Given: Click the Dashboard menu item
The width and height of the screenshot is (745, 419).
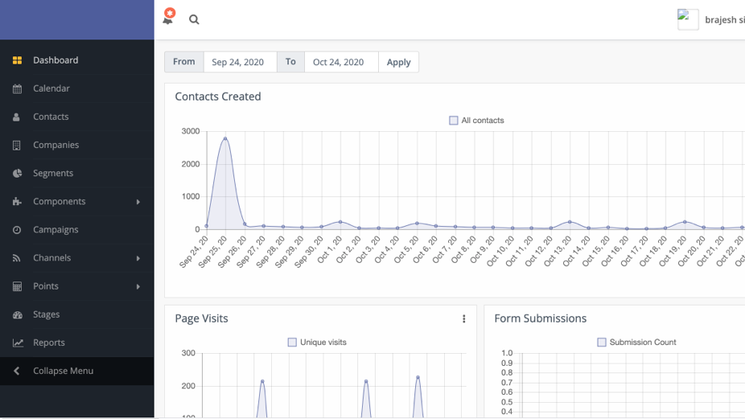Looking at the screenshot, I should point(55,60).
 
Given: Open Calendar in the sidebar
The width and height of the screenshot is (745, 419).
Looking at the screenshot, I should point(51,88).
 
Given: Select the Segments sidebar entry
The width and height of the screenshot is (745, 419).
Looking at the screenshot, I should point(52,173).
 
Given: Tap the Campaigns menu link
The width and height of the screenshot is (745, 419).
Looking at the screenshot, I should point(56,229).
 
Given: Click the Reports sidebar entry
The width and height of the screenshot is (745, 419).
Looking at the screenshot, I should point(48,343).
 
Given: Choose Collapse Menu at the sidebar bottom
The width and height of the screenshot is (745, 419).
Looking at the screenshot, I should point(63,371).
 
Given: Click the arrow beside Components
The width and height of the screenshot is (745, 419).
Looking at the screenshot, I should point(138,202).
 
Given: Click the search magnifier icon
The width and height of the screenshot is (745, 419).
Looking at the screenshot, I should point(194,19).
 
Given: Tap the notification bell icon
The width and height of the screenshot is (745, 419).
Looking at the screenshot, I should point(168,18).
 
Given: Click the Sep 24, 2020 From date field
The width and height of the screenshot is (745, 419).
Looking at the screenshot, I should point(238,62).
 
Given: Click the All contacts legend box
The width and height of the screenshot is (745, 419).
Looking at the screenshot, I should point(454,121).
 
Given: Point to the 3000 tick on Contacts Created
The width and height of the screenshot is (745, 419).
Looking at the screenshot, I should point(191,131).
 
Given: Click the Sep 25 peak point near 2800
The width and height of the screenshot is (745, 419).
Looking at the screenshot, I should point(225,138).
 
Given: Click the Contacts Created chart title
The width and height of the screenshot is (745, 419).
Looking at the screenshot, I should point(218,97).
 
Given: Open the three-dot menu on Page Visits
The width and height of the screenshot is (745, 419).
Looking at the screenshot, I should point(464,319).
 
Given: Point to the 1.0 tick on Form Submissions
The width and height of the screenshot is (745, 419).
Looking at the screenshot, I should point(507,353).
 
